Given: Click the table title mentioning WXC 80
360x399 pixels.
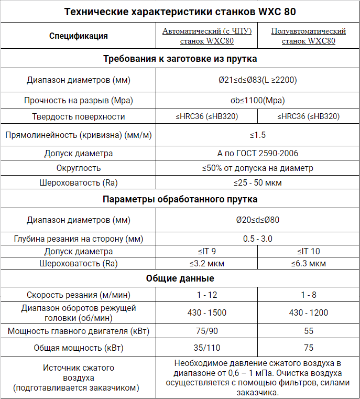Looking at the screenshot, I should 180,12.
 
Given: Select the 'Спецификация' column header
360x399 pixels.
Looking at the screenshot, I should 79,36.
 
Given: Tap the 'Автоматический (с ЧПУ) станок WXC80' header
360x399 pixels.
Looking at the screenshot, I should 207,36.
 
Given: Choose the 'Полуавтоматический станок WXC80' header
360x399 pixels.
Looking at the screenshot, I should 309,36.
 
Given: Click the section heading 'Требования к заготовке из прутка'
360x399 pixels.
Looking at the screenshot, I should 180,59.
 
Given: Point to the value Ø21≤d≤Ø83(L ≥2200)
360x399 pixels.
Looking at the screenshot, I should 257,80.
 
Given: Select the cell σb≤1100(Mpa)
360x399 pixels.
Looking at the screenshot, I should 257,100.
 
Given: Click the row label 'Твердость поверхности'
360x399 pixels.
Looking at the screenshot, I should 79,116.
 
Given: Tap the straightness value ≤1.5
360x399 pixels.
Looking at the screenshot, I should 257,135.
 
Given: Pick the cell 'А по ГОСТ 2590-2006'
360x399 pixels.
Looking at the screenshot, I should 257,154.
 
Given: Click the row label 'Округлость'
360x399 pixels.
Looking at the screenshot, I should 79,168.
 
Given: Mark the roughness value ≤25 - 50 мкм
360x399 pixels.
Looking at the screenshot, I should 257,182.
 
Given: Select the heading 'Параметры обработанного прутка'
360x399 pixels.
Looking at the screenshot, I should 180,200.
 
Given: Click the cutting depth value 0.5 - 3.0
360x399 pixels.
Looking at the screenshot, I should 257,239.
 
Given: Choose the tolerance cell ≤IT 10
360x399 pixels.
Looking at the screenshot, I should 309,252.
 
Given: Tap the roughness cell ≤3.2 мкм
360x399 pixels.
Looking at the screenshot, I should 207,263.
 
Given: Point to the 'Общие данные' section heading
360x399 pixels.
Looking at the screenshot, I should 180,278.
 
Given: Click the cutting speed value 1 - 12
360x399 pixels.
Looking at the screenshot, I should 207,295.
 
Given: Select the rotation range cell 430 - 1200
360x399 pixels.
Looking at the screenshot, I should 309,312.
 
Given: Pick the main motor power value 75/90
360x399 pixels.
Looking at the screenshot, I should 207,331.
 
